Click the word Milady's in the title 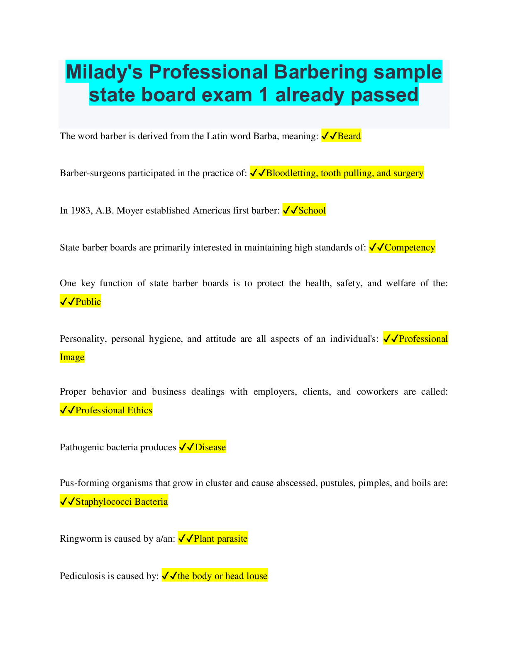coord(104,72)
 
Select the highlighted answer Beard coord(349,136)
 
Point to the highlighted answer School coord(312,210)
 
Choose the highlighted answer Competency coord(410,247)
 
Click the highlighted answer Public coord(88,302)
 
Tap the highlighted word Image coord(72,357)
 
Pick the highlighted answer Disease coord(210,447)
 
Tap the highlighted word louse coord(257,576)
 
